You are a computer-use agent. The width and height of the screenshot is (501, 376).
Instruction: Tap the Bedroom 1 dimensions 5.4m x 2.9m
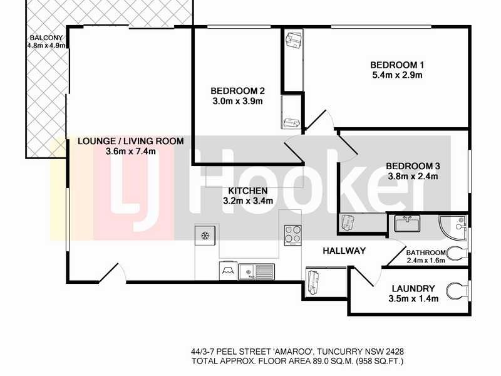[x=397, y=76]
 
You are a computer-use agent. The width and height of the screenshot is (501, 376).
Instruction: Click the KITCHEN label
[x=248, y=191]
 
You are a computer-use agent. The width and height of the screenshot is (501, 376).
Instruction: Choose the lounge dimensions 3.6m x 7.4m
[x=130, y=151]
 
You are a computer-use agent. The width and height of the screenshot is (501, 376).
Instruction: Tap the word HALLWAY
[x=344, y=251]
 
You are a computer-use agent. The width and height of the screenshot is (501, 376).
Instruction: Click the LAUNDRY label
[x=413, y=288]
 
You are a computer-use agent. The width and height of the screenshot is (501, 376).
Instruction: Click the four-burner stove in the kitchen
[x=292, y=235]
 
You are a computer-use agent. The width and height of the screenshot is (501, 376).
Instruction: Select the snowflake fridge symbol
[x=204, y=235]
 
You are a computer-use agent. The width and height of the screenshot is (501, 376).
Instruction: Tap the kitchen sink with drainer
[x=257, y=271]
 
